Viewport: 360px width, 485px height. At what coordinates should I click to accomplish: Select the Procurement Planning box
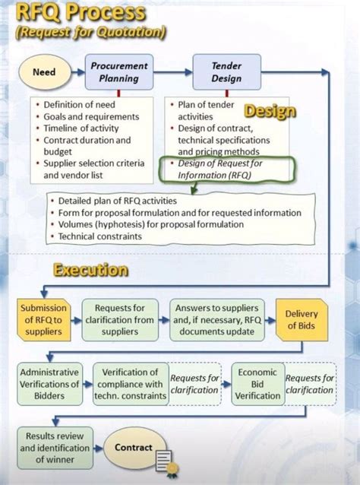click(119, 72)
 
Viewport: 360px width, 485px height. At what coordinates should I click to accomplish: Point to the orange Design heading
click(270, 112)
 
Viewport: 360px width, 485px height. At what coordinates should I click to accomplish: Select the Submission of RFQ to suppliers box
click(44, 318)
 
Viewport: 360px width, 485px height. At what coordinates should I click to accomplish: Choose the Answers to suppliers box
click(216, 318)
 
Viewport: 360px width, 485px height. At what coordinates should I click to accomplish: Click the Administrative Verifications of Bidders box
click(49, 384)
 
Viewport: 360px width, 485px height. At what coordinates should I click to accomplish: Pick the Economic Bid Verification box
click(257, 384)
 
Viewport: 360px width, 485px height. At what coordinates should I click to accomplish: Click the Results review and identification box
click(55, 448)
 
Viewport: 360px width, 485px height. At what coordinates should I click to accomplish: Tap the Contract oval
click(134, 448)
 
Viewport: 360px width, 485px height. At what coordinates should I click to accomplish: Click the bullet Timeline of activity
click(81, 128)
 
